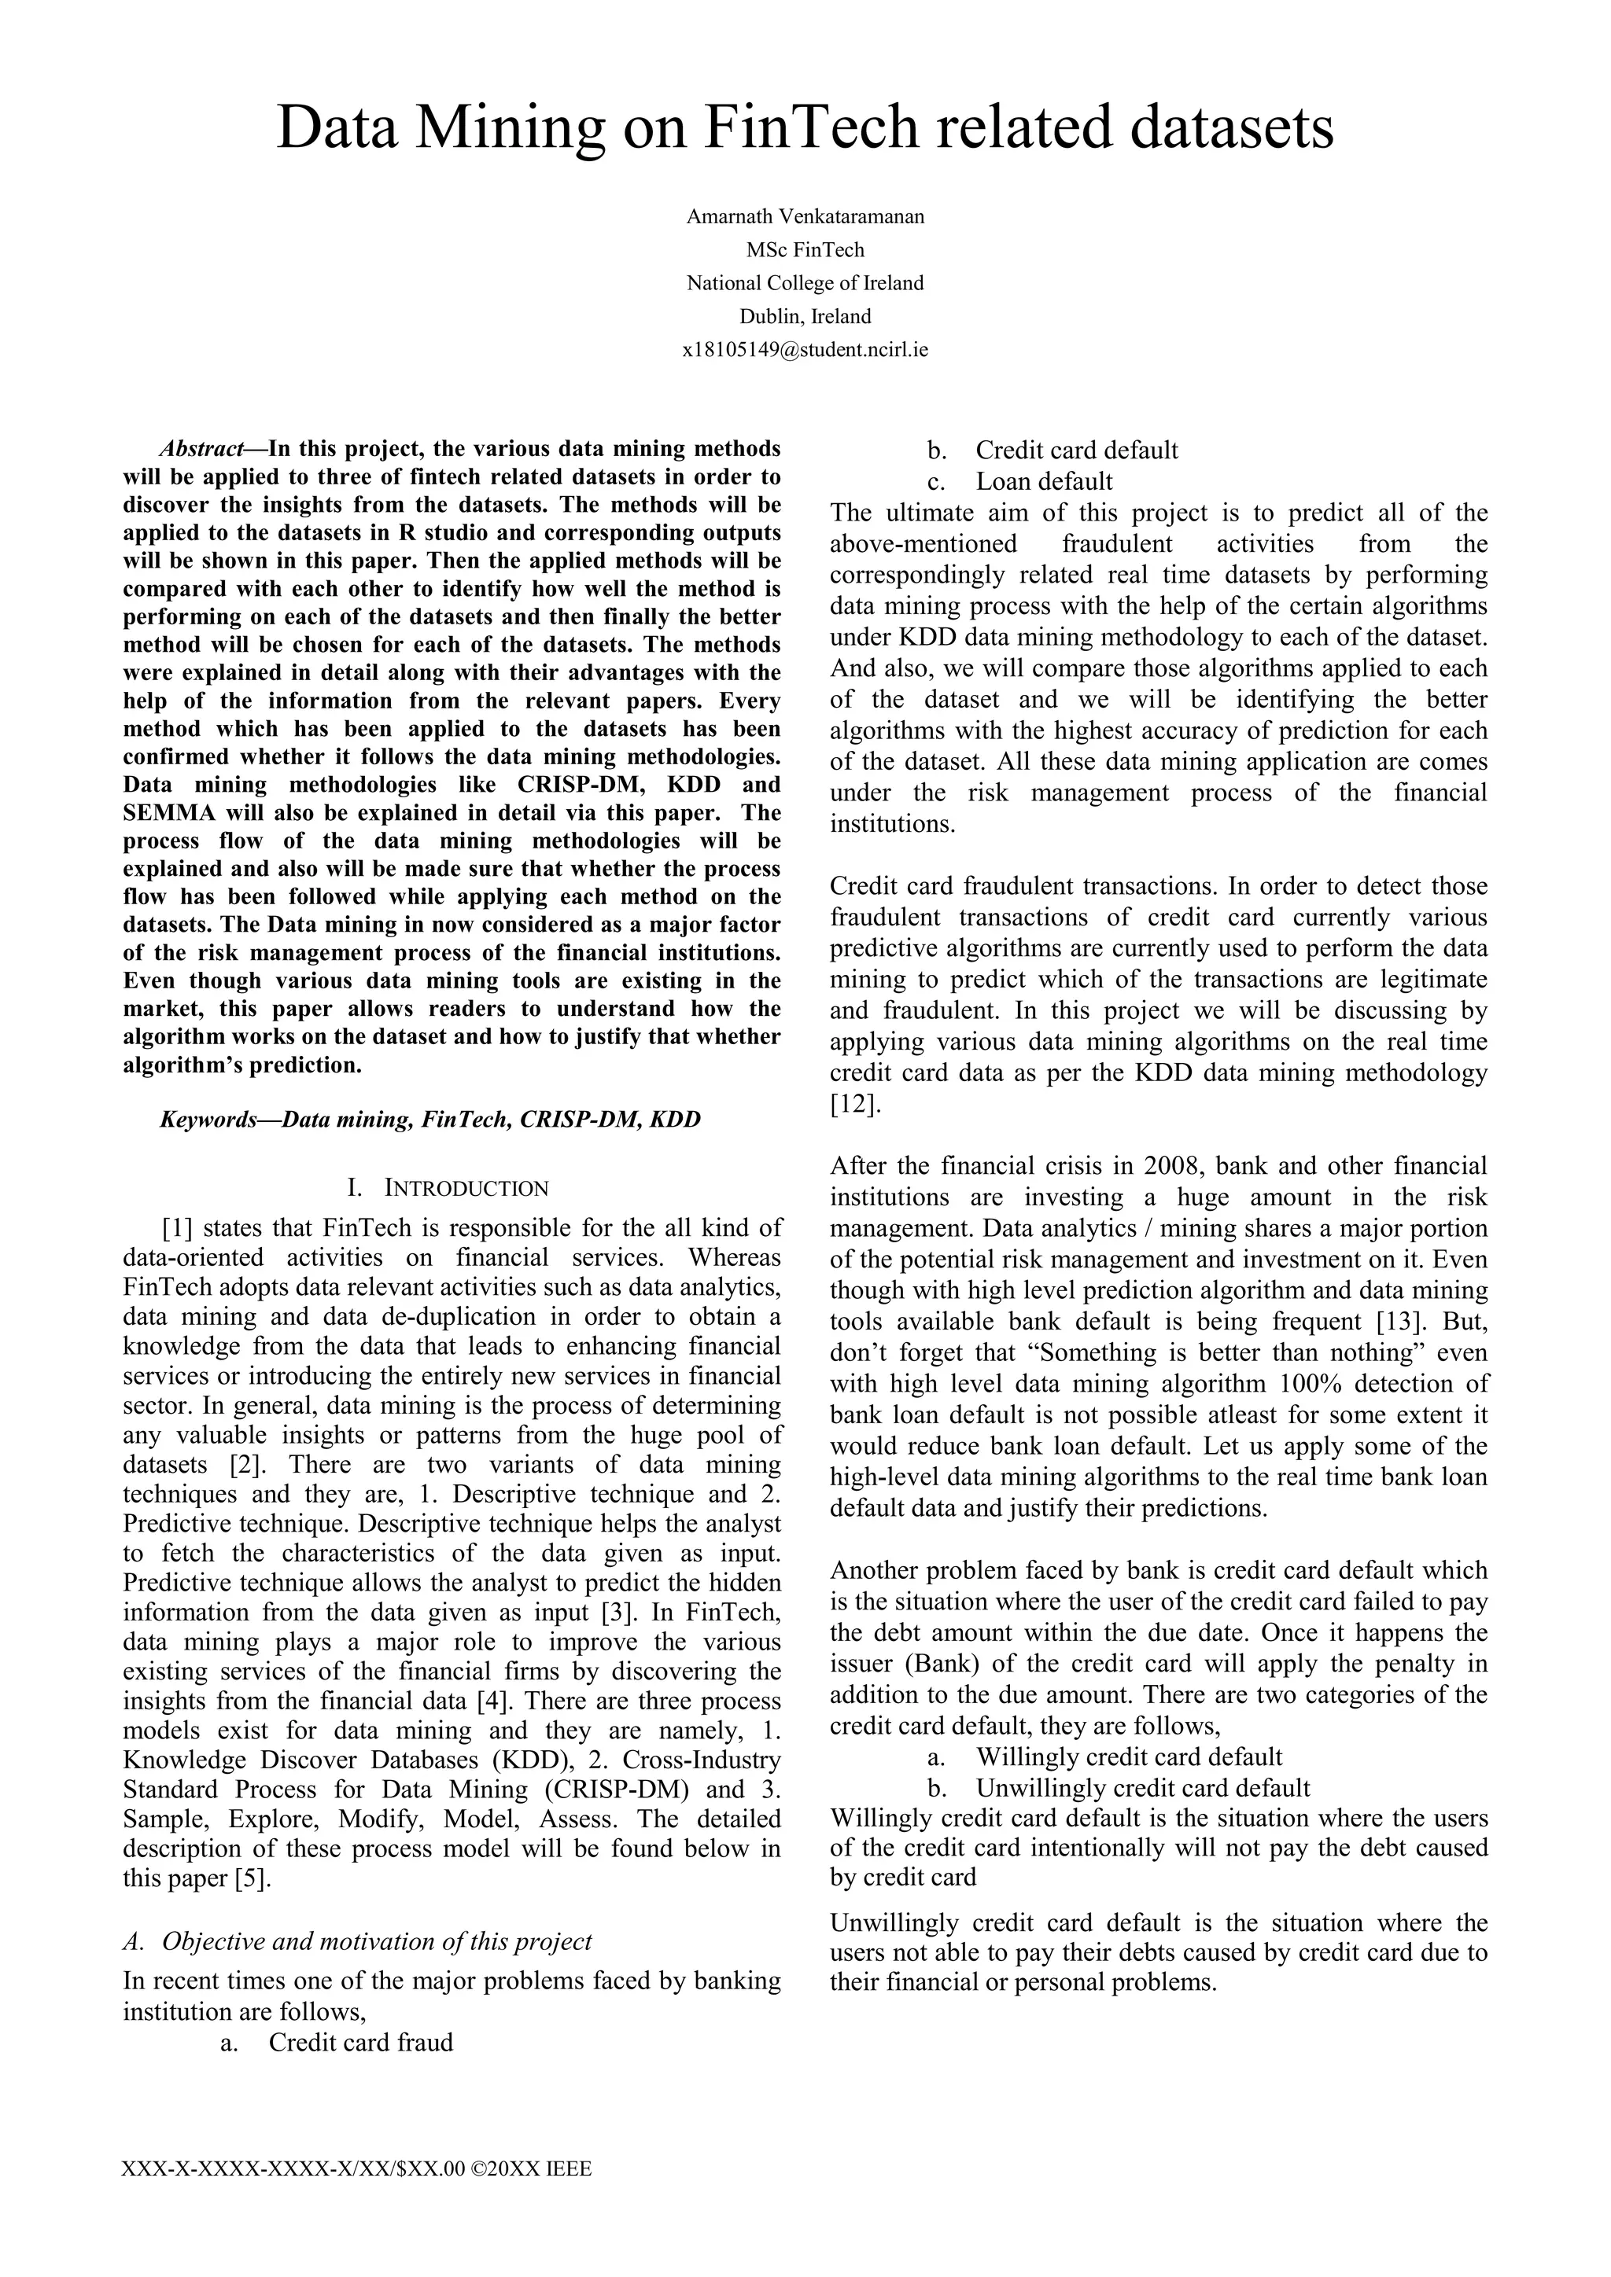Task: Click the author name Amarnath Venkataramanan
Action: pyautogui.click(x=805, y=216)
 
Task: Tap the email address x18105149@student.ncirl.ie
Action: pyautogui.click(x=805, y=349)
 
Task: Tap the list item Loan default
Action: pyautogui.click(x=1044, y=481)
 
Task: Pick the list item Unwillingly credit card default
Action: pyautogui.click(x=1143, y=1787)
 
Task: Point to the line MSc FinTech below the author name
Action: pyautogui.click(x=805, y=250)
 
